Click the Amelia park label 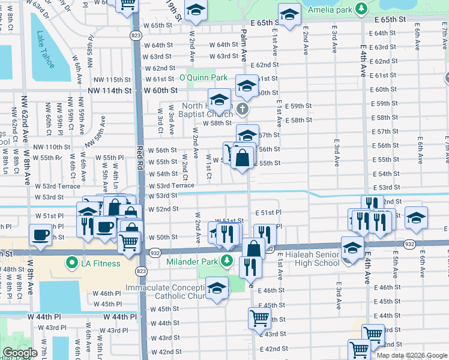[330, 9]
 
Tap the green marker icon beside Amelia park [361, 9]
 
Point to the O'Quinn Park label [203, 77]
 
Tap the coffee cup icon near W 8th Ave [40, 235]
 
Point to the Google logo [20, 353]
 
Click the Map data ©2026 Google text [412, 355]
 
